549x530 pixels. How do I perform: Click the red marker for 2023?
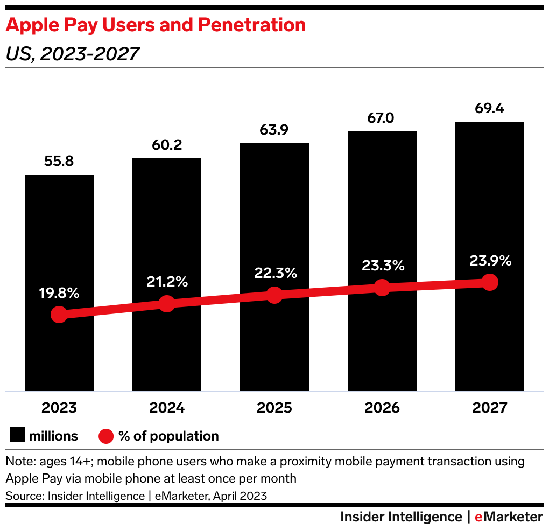59,315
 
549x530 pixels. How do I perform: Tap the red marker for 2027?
489,282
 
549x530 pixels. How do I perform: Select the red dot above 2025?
274,295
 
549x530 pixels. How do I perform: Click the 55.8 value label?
59,162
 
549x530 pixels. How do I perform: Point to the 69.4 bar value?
489,109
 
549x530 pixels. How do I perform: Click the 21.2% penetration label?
167,281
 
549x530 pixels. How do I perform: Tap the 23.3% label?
382,266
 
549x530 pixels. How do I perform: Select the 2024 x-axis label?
167,408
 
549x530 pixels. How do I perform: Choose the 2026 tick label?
382,408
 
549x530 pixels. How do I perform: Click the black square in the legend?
18,436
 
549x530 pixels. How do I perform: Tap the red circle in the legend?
107,436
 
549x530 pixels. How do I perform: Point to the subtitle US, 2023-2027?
73,54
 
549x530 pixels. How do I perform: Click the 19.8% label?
59,294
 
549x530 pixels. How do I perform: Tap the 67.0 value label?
382,118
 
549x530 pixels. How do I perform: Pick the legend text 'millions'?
53,436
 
